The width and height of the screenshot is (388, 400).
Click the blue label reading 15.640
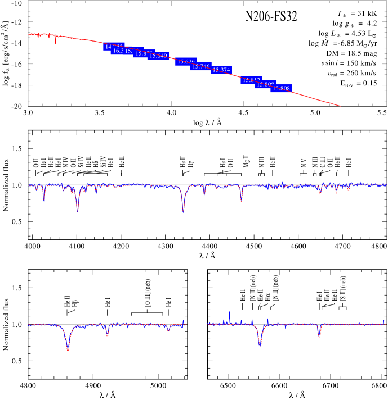(x=158, y=56)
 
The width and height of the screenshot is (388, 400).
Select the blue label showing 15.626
(x=186, y=61)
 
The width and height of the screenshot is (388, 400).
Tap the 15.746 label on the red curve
(x=200, y=66)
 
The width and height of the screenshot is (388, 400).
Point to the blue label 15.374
(x=221, y=70)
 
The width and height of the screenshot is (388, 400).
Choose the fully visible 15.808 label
(x=281, y=88)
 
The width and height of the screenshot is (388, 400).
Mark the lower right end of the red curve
(x=340, y=106)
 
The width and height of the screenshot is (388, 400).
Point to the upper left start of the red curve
(x=29, y=35)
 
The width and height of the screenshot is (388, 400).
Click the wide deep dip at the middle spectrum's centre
(x=183, y=209)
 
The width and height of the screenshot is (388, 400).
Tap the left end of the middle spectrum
(x=29, y=184)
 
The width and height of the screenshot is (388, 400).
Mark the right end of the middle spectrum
(x=386, y=184)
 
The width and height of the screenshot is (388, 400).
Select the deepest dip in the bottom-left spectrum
(x=68, y=349)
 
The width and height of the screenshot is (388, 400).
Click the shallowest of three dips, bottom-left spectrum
(x=168, y=330)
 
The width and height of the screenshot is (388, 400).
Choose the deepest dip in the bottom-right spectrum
(x=260, y=344)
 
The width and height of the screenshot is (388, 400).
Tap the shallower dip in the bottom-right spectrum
(x=319, y=336)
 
